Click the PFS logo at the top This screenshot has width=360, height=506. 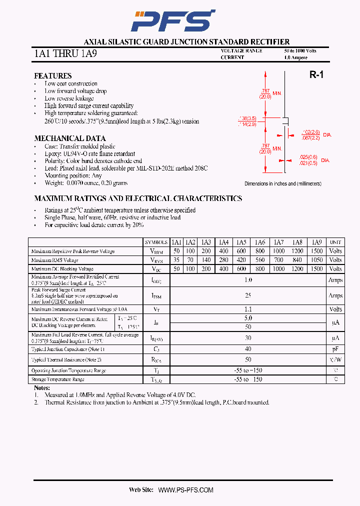pyautogui.click(x=172, y=20)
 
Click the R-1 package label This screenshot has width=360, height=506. pyautogui.click(x=316, y=75)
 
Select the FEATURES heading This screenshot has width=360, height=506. pyautogui.click(x=52, y=76)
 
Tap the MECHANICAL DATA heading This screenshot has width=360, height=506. pyautogui.click(x=69, y=138)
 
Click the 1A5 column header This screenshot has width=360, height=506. pyautogui.click(x=242, y=242)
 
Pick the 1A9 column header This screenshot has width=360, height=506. pyautogui.click(x=316, y=242)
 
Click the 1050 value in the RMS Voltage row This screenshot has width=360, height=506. pyautogui.click(x=316, y=260)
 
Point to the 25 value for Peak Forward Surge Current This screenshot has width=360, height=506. pyautogui.click(x=248, y=295)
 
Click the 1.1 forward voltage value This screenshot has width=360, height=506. pyautogui.click(x=248, y=309)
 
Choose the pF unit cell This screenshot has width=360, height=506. pyautogui.click(x=335, y=349)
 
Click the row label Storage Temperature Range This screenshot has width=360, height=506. pyautogui.click(x=57, y=379)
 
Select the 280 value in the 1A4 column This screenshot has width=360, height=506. pyautogui.click(x=223, y=260)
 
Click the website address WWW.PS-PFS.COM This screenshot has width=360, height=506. pyautogui.click(x=186, y=490)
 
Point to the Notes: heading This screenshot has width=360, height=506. pyautogui.click(x=42, y=388)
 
